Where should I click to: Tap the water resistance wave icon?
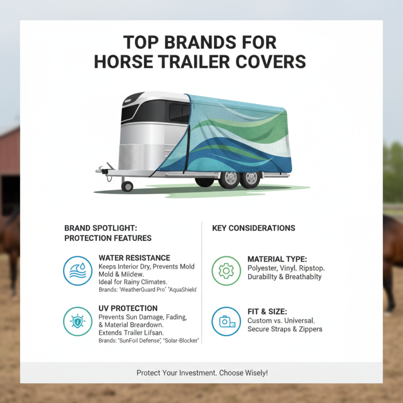click(x=78, y=271)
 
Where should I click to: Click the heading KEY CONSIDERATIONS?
click(x=254, y=228)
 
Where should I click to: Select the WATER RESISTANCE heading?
click(x=135, y=258)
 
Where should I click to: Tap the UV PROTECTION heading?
click(x=128, y=308)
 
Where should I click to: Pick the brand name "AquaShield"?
click(x=180, y=291)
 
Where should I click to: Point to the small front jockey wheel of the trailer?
click(x=127, y=186)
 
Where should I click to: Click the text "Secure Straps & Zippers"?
click(x=285, y=329)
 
